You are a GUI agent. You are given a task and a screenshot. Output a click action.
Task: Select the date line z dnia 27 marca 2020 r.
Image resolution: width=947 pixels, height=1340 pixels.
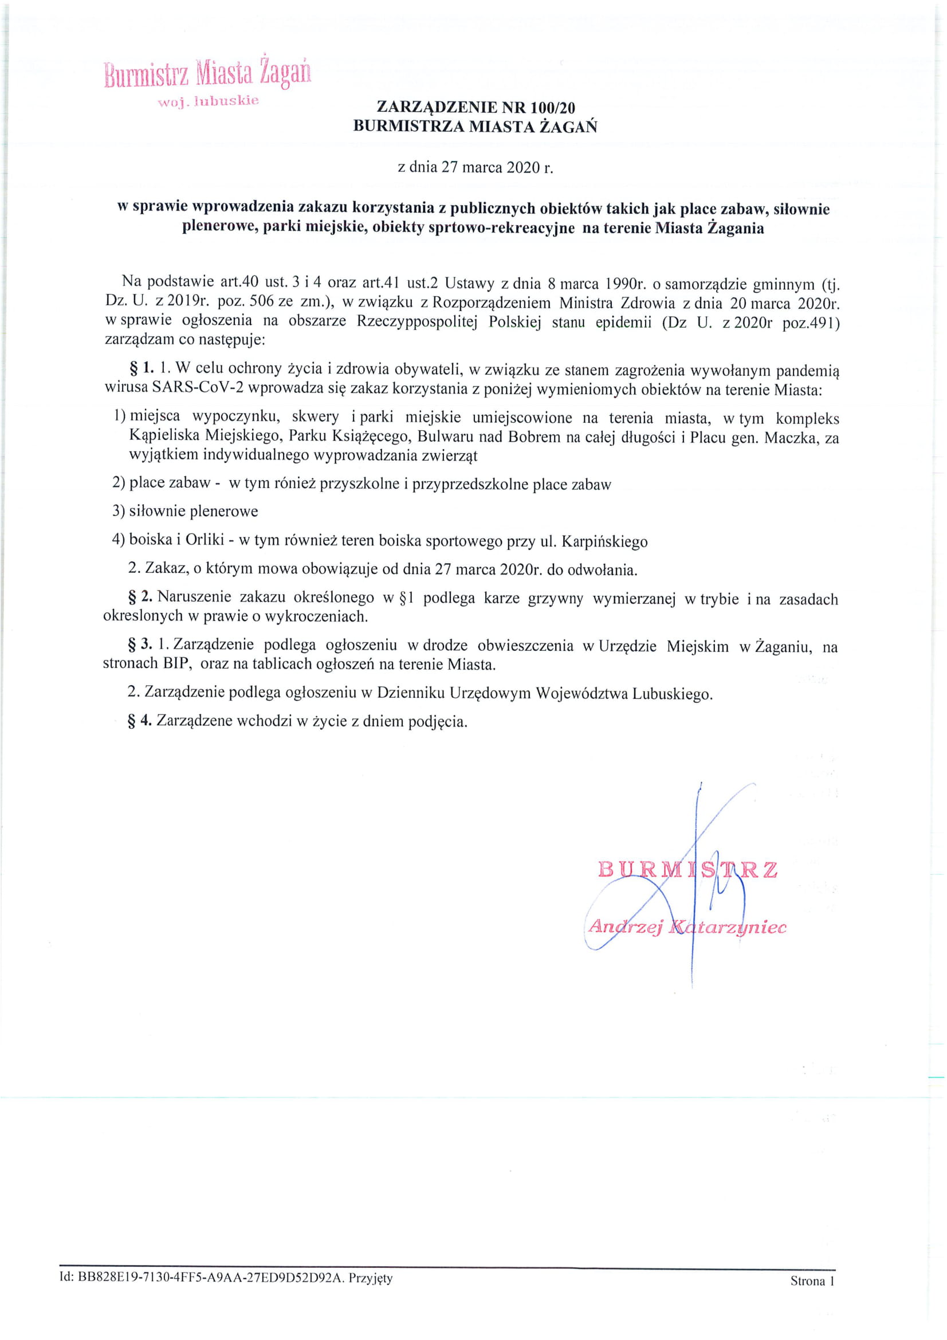[475, 168]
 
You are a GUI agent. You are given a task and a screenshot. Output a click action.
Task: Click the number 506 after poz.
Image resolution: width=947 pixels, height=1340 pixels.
[261, 302]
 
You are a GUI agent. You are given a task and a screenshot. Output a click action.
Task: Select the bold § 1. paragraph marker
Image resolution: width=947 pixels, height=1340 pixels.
[142, 368]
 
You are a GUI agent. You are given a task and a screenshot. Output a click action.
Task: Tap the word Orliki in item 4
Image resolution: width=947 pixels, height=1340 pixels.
[205, 539]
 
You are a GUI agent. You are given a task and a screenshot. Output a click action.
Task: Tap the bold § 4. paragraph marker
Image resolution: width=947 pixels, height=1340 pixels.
[140, 721]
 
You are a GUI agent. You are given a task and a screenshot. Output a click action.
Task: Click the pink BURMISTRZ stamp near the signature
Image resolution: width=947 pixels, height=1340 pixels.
[687, 870]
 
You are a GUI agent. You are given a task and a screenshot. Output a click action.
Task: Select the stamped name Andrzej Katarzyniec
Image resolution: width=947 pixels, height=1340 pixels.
[687, 927]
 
